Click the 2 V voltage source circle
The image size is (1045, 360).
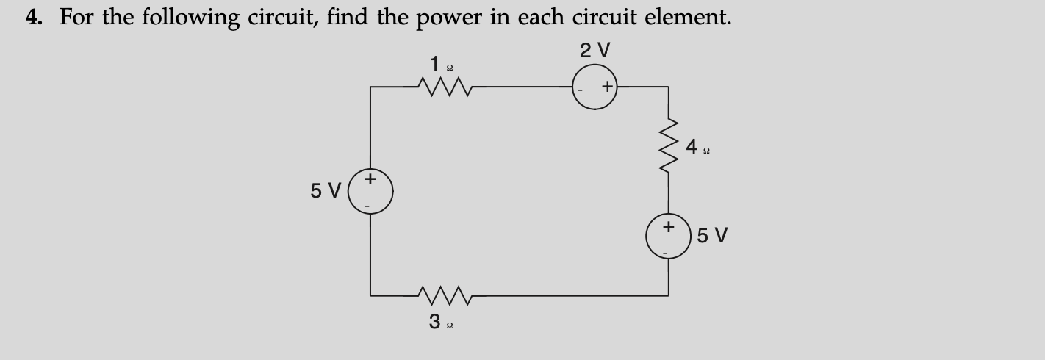click(595, 87)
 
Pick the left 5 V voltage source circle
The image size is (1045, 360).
click(370, 192)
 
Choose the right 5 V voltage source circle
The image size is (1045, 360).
click(668, 236)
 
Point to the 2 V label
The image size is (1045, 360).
click(595, 51)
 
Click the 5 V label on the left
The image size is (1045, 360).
click(325, 191)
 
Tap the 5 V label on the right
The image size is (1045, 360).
click(712, 236)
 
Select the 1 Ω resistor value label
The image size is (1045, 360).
click(440, 64)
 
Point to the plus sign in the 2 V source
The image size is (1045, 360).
click(607, 87)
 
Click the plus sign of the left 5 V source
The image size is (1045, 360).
click(370, 179)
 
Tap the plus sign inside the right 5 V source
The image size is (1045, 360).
click(668, 227)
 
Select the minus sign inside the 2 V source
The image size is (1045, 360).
click(581, 88)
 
